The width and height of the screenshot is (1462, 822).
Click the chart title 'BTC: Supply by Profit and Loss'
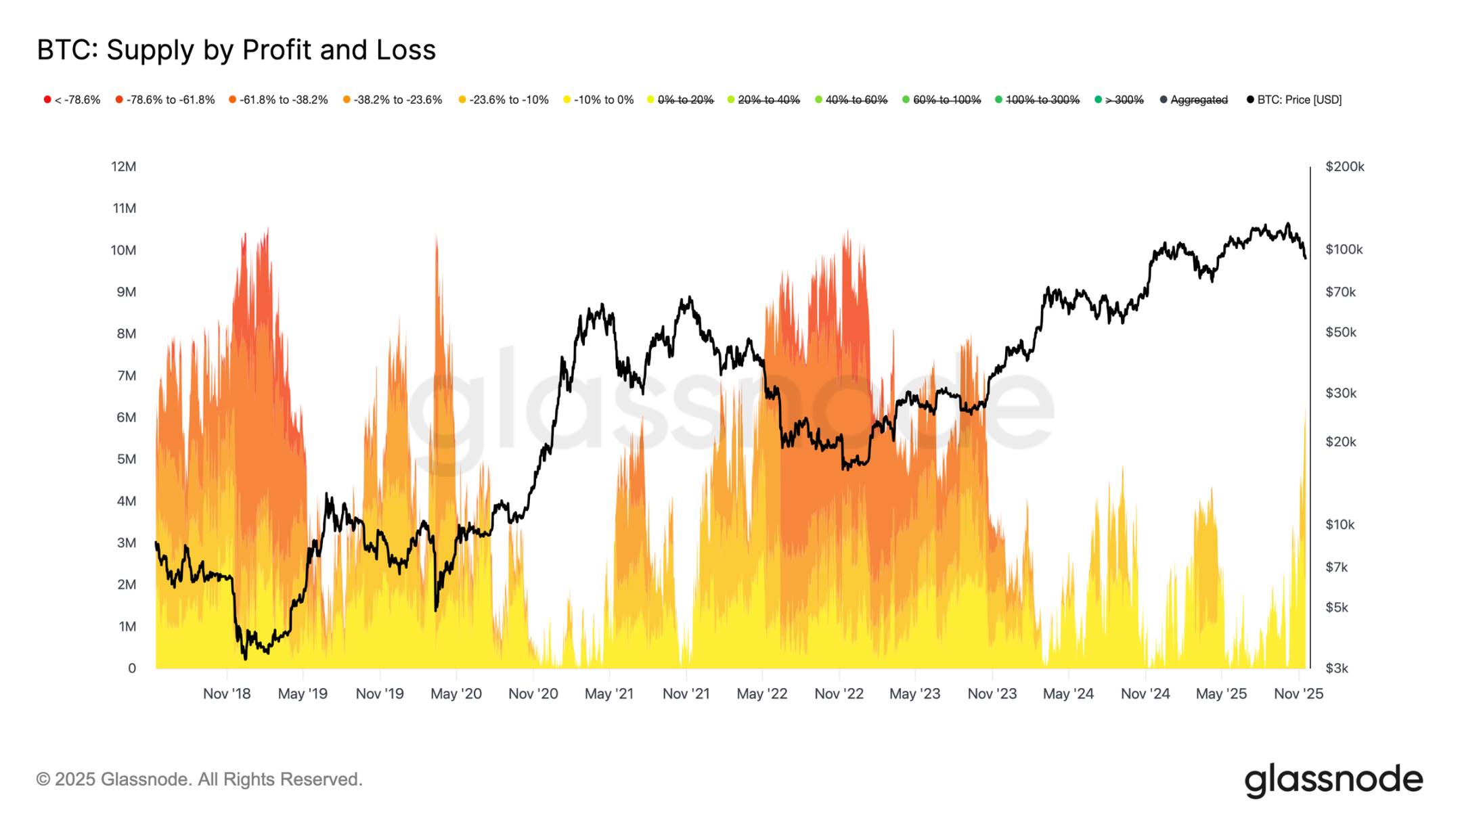click(x=236, y=50)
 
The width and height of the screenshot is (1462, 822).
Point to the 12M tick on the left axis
click(x=123, y=166)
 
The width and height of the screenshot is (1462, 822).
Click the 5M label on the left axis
click(x=126, y=459)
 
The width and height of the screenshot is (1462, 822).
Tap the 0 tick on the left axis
click(x=132, y=668)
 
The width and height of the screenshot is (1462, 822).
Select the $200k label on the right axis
click(x=1344, y=166)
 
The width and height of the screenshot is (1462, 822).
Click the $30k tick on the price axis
click(x=1340, y=393)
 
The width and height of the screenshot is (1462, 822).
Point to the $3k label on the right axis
click(x=1337, y=668)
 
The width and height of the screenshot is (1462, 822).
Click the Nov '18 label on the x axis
click(x=227, y=693)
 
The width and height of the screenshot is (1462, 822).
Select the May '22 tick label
click(x=761, y=693)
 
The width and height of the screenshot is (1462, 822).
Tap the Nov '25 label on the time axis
click(x=1298, y=693)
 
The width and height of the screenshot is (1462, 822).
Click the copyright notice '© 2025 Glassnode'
click(x=199, y=779)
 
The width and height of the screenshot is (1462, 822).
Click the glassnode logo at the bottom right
click(x=1333, y=780)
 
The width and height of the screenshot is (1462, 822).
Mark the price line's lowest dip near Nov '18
click(x=245, y=657)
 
